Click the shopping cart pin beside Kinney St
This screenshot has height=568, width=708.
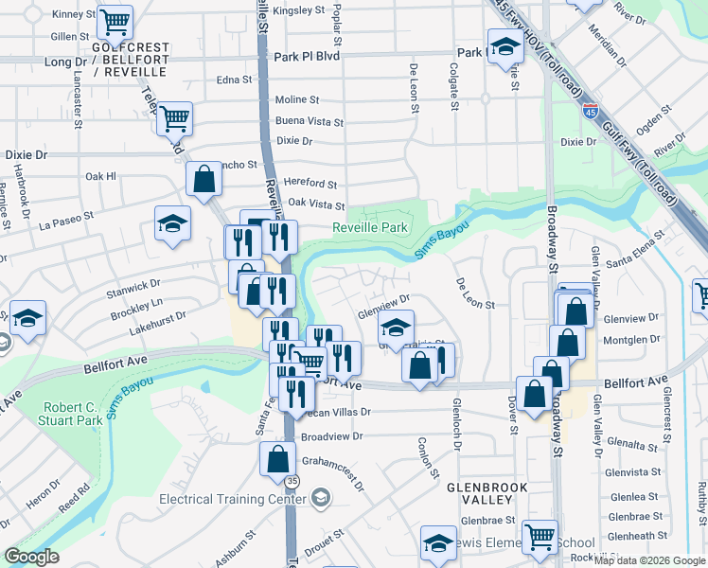[115, 22]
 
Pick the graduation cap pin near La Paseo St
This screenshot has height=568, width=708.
[172, 224]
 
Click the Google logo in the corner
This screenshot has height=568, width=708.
[31, 557]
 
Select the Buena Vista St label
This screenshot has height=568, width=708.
[309, 121]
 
